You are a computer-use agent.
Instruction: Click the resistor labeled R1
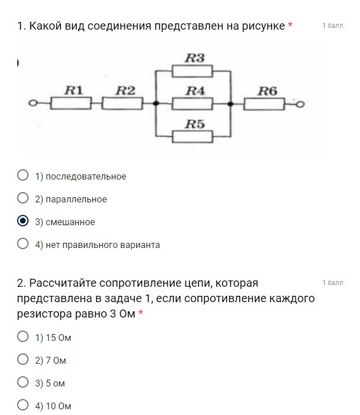(x=71, y=103)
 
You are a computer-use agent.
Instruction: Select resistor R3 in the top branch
(x=193, y=71)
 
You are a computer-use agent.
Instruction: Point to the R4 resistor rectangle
(x=193, y=103)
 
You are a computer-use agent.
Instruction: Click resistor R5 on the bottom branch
(x=193, y=136)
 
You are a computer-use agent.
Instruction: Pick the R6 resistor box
(x=265, y=103)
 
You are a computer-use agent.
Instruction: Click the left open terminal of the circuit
(x=33, y=104)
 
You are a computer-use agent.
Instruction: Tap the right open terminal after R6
(x=301, y=104)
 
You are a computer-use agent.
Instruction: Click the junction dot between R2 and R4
(x=156, y=104)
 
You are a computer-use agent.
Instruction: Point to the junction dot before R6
(x=230, y=104)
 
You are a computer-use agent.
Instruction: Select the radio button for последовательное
(x=23, y=176)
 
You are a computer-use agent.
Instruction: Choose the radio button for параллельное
(x=23, y=198)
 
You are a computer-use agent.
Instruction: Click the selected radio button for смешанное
(x=23, y=221)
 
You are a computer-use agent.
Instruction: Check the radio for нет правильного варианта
(x=23, y=244)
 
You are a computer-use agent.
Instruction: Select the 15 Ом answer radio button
(x=23, y=337)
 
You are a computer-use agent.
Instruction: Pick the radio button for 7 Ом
(x=23, y=360)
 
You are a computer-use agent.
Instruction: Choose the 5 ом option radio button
(x=23, y=383)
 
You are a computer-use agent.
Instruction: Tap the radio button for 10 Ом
(x=23, y=405)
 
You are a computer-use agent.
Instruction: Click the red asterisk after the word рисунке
(x=290, y=26)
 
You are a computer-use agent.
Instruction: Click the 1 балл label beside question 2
(x=333, y=283)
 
